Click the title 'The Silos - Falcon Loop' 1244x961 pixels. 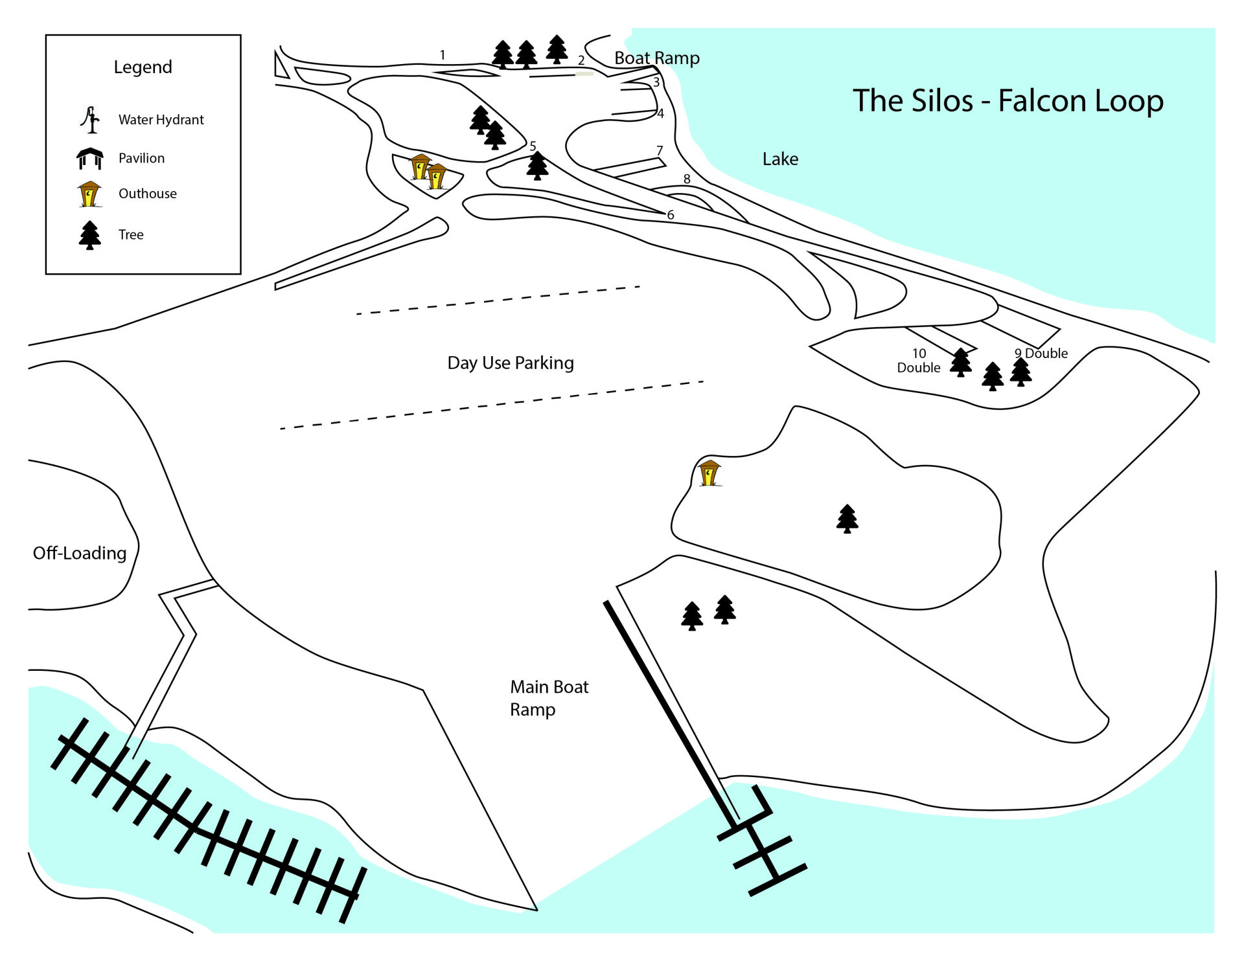click(x=1008, y=101)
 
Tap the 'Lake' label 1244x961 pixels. click(x=780, y=159)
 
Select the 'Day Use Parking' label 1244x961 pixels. click(x=511, y=363)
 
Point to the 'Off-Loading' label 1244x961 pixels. click(x=80, y=553)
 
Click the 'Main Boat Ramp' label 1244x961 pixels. click(x=549, y=698)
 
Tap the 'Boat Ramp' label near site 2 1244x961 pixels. click(x=656, y=58)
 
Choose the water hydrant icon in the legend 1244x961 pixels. click(x=91, y=120)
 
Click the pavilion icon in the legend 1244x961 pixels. click(x=90, y=159)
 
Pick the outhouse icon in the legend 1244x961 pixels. click(x=89, y=194)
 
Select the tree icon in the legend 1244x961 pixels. click(x=90, y=235)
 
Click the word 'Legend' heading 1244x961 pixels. click(x=143, y=67)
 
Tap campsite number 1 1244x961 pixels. click(x=443, y=55)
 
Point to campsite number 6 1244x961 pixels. click(x=671, y=215)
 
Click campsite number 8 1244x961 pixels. click(x=687, y=179)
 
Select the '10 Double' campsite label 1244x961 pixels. click(x=919, y=361)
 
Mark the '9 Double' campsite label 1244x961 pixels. click(x=1041, y=354)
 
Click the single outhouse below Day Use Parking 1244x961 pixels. click(x=710, y=473)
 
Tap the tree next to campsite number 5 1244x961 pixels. click(x=537, y=166)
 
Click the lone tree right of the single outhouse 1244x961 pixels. click(x=847, y=519)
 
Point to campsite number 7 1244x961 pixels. click(x=660, y=150)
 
